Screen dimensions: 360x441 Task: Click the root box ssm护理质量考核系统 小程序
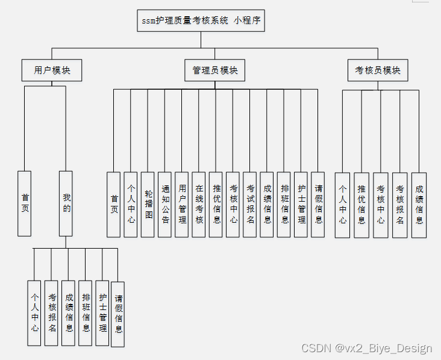(201, 20)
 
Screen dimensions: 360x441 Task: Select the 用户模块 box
(52, 70)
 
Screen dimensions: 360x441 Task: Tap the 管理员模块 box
(215, 70)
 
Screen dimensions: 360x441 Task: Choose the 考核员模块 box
(378, 70)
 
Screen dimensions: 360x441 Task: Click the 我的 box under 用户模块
(66, 203)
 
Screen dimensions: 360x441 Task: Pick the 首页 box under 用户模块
(25, 203)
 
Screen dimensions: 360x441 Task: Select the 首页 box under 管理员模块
(114, 205)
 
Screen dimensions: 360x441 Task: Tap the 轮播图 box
(148, 205)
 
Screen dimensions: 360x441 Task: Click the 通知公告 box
(164, 205)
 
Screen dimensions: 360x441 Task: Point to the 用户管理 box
(181, 205)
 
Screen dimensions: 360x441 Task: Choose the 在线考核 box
(198, 205)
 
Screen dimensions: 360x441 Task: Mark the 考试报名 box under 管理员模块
(249, 205)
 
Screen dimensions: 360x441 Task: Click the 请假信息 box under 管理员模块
(317, 205)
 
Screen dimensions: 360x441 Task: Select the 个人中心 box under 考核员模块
(342, 205)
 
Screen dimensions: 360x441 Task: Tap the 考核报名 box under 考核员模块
(400, 205)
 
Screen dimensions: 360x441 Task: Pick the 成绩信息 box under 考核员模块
(419, 205)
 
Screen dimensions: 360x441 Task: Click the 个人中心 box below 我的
(35, 312)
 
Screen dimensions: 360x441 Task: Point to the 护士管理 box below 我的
(102, 312)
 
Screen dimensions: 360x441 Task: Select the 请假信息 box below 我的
(118, 314)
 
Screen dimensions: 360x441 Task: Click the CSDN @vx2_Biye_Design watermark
(366, 349)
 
